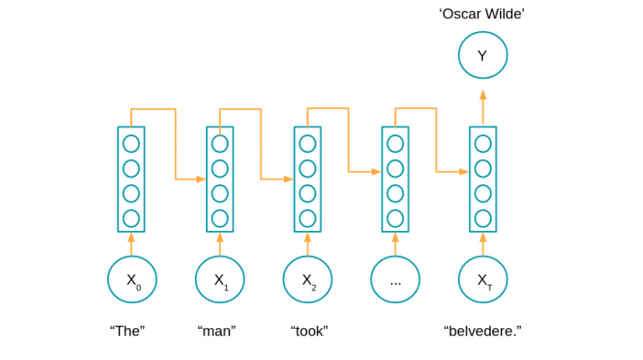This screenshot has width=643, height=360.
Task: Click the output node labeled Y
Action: [x=482, y=56]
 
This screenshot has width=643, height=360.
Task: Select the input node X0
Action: [x=132, y=280]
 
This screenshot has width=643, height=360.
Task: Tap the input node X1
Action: [x=219, y=280]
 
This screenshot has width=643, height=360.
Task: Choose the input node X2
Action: [x=307, y=280]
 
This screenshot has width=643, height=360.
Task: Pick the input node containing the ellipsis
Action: [x=395, y=280]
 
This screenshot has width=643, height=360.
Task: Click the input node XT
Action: [x=483, y=280]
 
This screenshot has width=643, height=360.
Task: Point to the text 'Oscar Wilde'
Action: [x=482, y=13]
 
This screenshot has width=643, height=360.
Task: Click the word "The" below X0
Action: [x=127, y=331]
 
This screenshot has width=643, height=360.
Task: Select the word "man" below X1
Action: [x=217, y=331]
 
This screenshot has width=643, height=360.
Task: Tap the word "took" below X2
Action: [x=309, y=331]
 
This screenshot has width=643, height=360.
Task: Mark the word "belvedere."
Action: [x=482, y=331]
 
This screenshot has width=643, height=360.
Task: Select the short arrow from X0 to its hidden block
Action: [x=131, y=244]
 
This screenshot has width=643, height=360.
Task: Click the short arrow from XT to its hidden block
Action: [x=483, y=244]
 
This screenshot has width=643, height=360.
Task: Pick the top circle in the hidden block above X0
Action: [x=131, y=143]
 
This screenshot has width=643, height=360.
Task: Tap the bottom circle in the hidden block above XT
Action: [x=483, y=219]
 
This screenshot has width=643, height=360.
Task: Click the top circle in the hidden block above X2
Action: [x=307, y=143]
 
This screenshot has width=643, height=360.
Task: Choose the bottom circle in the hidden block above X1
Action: [x=219, y=219]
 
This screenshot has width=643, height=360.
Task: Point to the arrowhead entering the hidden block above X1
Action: [x=201, y=179]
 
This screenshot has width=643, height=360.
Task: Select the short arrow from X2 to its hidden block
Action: [x=307, y=244]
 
